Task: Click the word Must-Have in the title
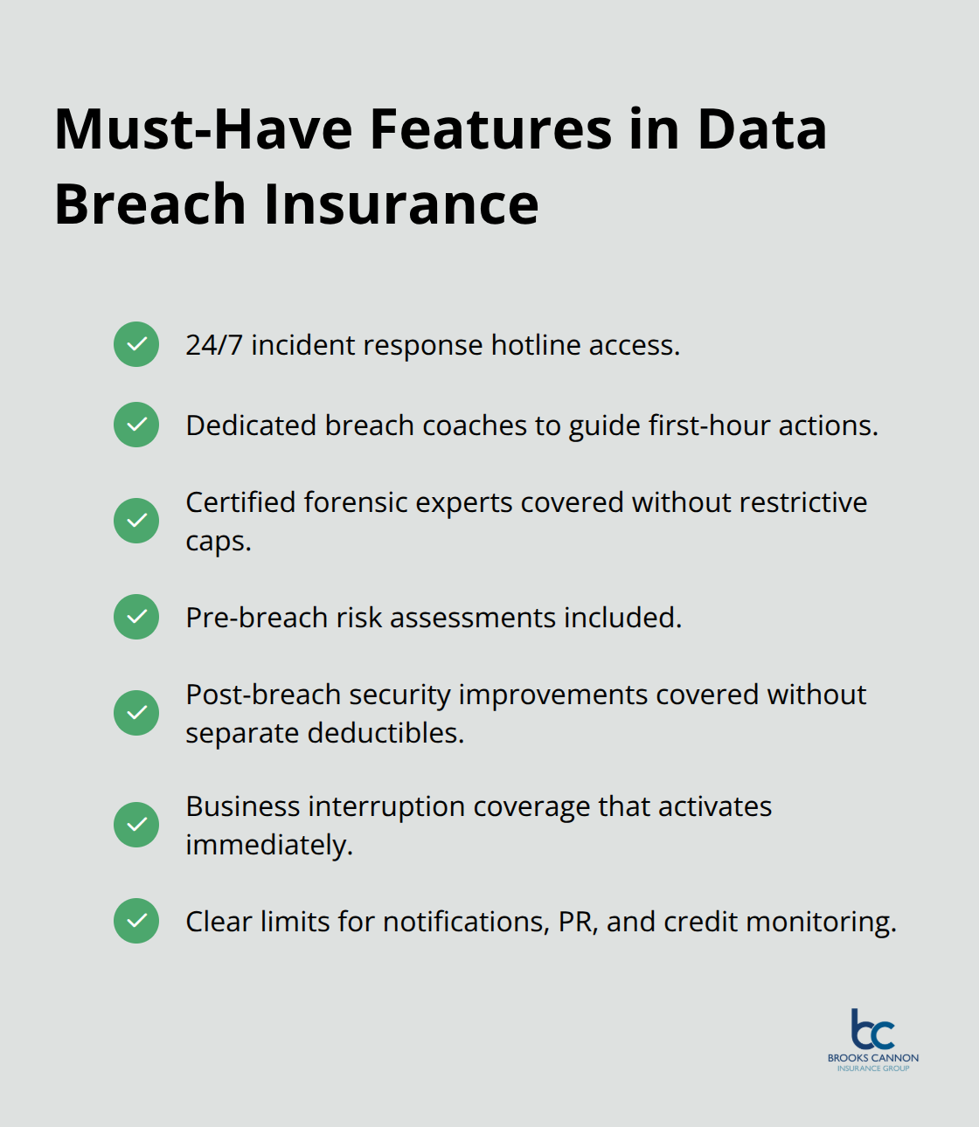coord(203,129)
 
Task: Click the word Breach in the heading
coord(149,204)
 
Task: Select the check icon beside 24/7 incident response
coord(136,344)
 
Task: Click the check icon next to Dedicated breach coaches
coord(136,425)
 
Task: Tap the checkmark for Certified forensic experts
coord(136,521)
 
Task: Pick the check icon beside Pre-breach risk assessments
coord(136,617)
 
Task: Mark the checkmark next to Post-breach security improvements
coord(136,713)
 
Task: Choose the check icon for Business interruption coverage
coord(136,825)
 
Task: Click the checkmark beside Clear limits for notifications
coord(136,921)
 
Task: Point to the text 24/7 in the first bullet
coord(213,345)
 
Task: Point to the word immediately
coord(268,845)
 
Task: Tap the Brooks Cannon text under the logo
coord(873,1058)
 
